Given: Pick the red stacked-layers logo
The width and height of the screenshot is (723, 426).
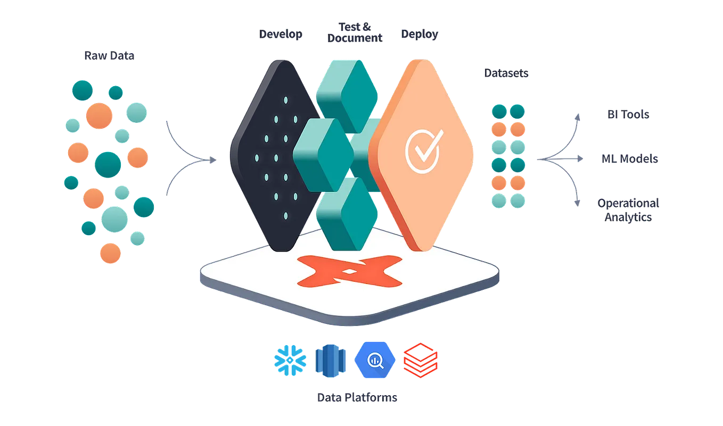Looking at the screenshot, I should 420,361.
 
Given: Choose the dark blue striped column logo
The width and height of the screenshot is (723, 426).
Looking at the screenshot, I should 332,360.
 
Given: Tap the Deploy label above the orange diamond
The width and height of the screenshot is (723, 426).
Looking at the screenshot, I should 420,35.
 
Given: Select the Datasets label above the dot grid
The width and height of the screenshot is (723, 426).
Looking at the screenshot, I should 505,74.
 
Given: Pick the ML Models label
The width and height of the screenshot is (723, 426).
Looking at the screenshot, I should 630,159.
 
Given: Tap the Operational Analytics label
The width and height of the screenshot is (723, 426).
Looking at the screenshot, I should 628,210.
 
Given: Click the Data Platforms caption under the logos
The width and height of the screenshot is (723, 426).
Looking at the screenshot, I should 357,397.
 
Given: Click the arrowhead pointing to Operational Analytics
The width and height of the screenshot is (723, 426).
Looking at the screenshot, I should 576,203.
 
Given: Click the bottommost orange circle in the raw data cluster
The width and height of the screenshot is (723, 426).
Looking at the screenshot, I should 110,252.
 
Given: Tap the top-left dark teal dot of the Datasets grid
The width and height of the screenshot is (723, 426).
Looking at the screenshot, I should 499,111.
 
